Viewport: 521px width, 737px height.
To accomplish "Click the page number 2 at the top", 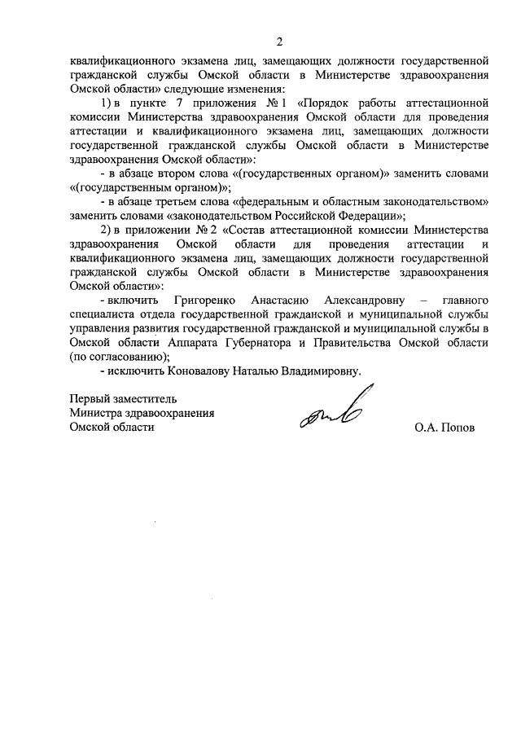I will [279, 42].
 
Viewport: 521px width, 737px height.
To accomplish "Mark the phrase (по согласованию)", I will [120, 356].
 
